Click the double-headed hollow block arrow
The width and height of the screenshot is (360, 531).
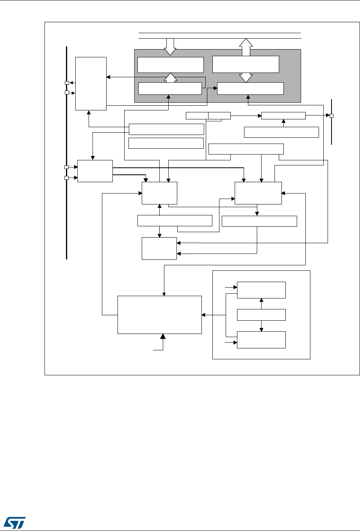click(246, 60)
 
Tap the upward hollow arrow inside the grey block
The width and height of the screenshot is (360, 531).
click(170, 78)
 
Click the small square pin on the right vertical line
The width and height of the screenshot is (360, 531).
click(331, 116)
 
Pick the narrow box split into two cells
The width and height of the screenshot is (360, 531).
click(208, 115)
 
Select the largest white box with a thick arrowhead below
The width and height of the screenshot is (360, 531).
click(160, 314)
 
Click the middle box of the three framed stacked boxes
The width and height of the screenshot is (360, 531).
click(261, 314)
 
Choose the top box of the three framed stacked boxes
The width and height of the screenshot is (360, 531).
click(261, 290)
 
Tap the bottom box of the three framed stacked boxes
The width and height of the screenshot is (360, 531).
click(261, 339)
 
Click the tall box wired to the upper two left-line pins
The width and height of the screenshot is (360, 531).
click(91, 83)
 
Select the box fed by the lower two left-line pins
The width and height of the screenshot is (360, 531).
click(95, 171)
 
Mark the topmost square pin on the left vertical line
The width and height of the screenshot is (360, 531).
click(67, 83)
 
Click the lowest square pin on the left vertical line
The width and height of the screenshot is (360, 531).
click(67, 178)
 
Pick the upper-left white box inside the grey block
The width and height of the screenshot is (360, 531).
click(171, 65)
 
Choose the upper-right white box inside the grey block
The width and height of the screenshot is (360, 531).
click(246, 64)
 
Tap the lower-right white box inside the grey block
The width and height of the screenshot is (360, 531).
click(250, 89)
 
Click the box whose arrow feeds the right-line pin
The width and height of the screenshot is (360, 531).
click(283, 115)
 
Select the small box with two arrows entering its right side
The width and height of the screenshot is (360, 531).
click(159, 249)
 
